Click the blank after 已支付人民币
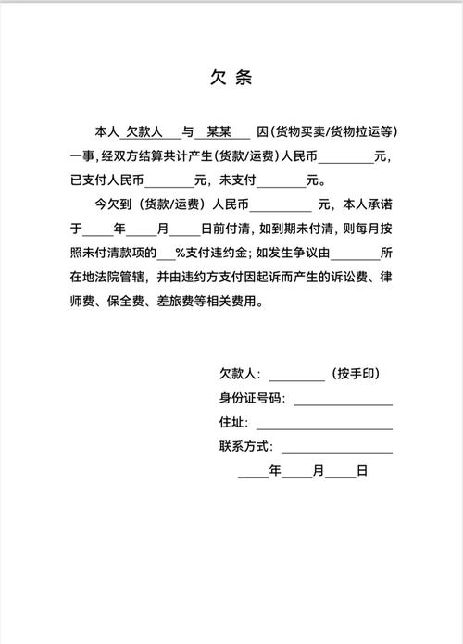pos(168,179)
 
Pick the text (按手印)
pos(356,375)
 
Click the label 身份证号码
pos(250,399)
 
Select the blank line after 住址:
pos(323,423)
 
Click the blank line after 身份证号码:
pos(343,400)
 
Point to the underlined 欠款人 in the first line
pos(144,132)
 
